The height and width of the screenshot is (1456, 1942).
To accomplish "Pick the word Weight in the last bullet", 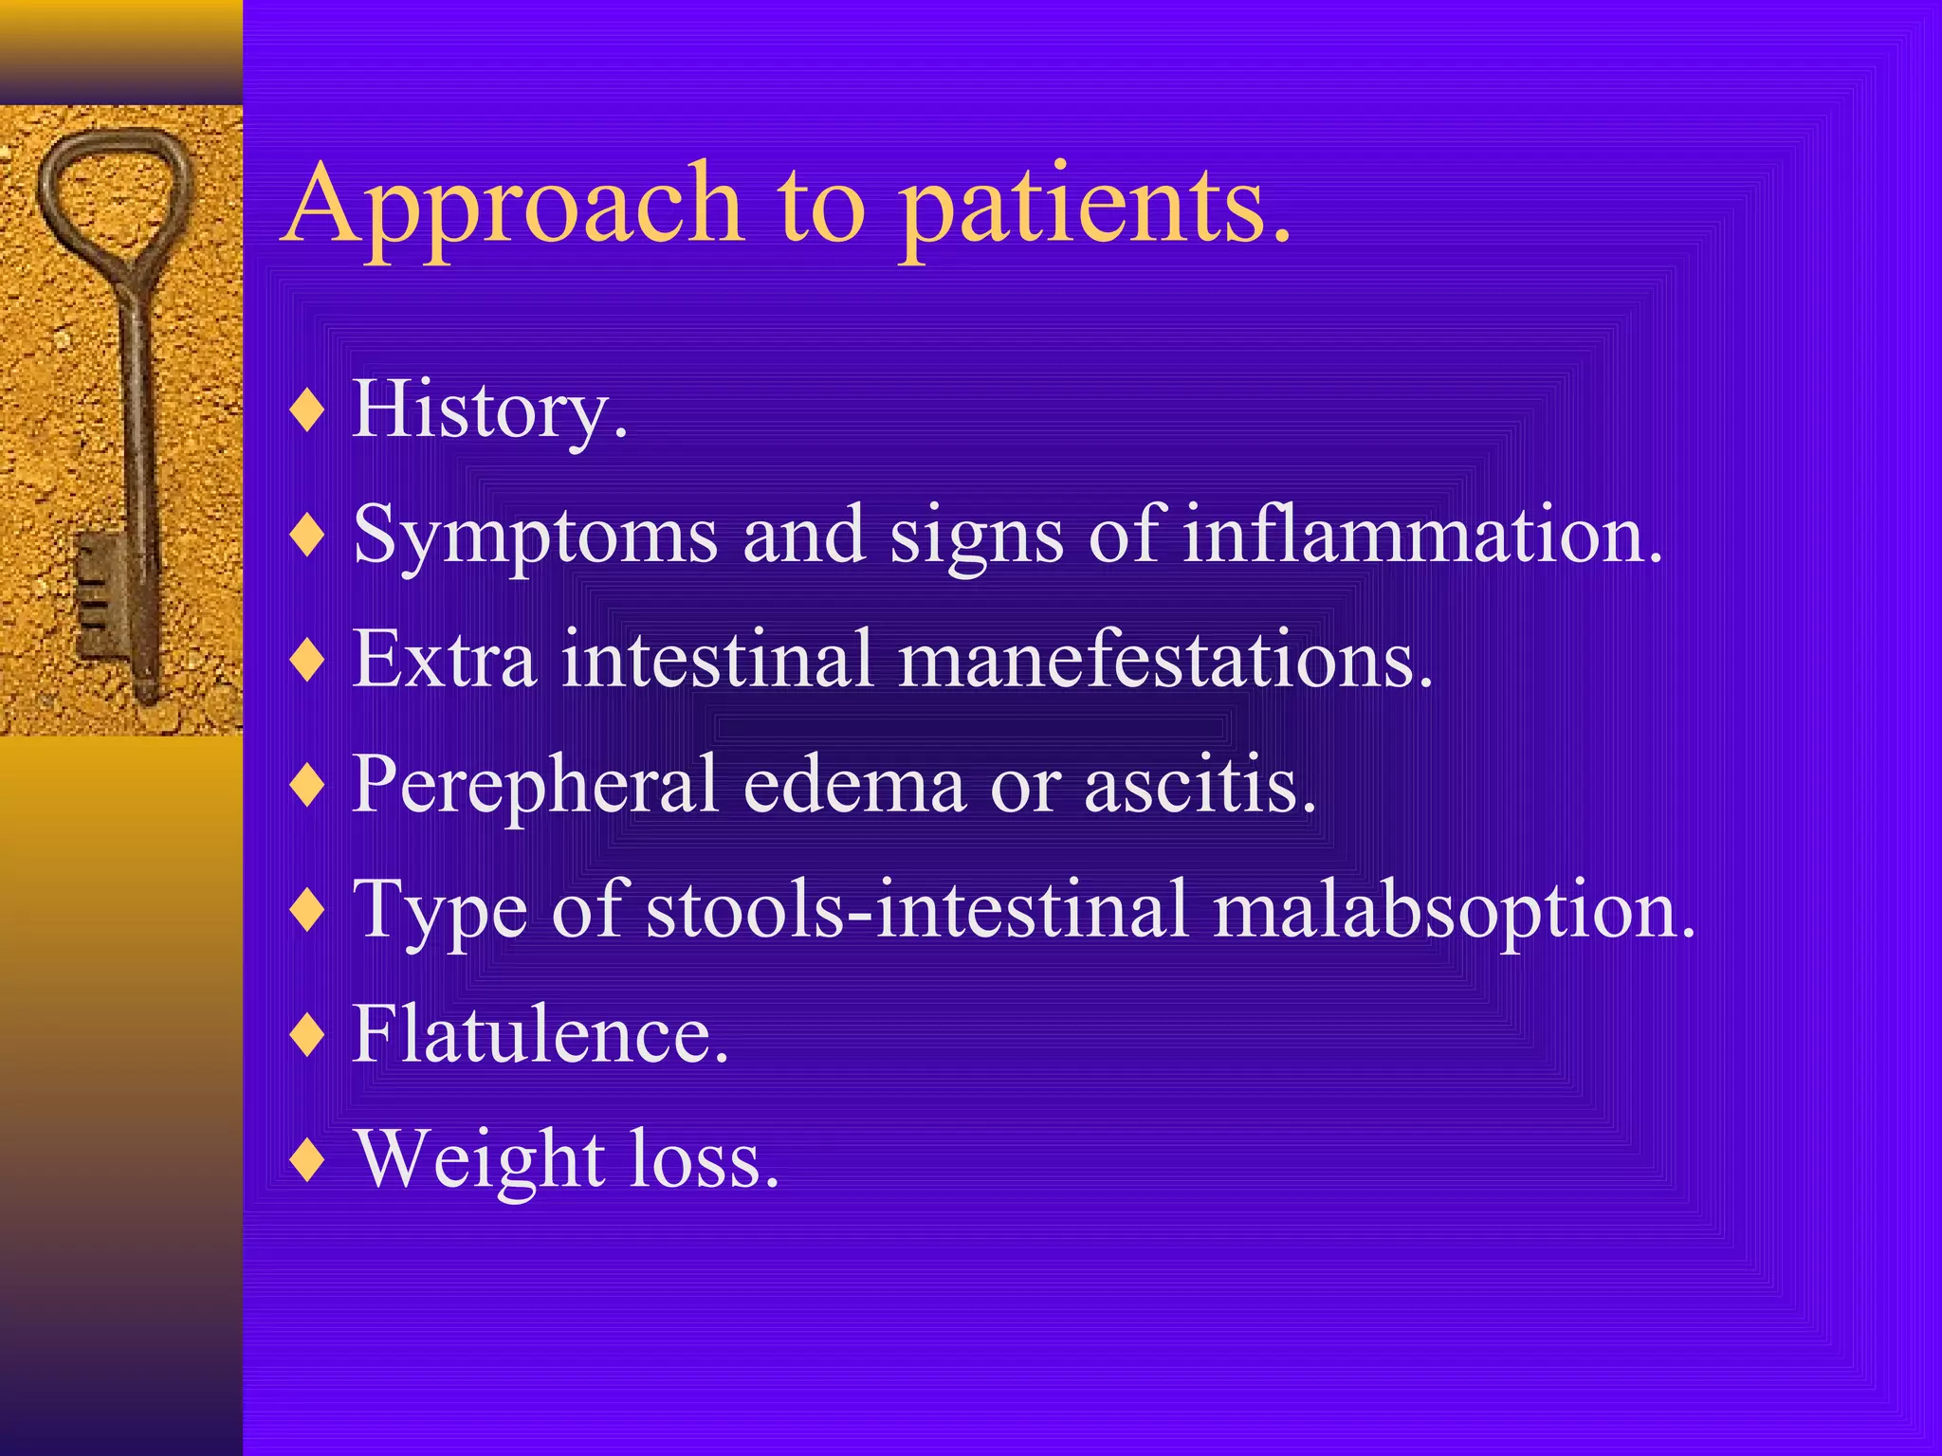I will click(480, 1161).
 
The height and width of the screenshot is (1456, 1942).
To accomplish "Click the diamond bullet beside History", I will click(308, 411).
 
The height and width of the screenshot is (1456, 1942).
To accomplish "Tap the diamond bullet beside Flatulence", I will click(308, 1035).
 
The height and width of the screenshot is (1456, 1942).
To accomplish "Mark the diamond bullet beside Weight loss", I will click(308, 1160).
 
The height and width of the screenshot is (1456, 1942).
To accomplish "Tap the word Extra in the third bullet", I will click(444, 661).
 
